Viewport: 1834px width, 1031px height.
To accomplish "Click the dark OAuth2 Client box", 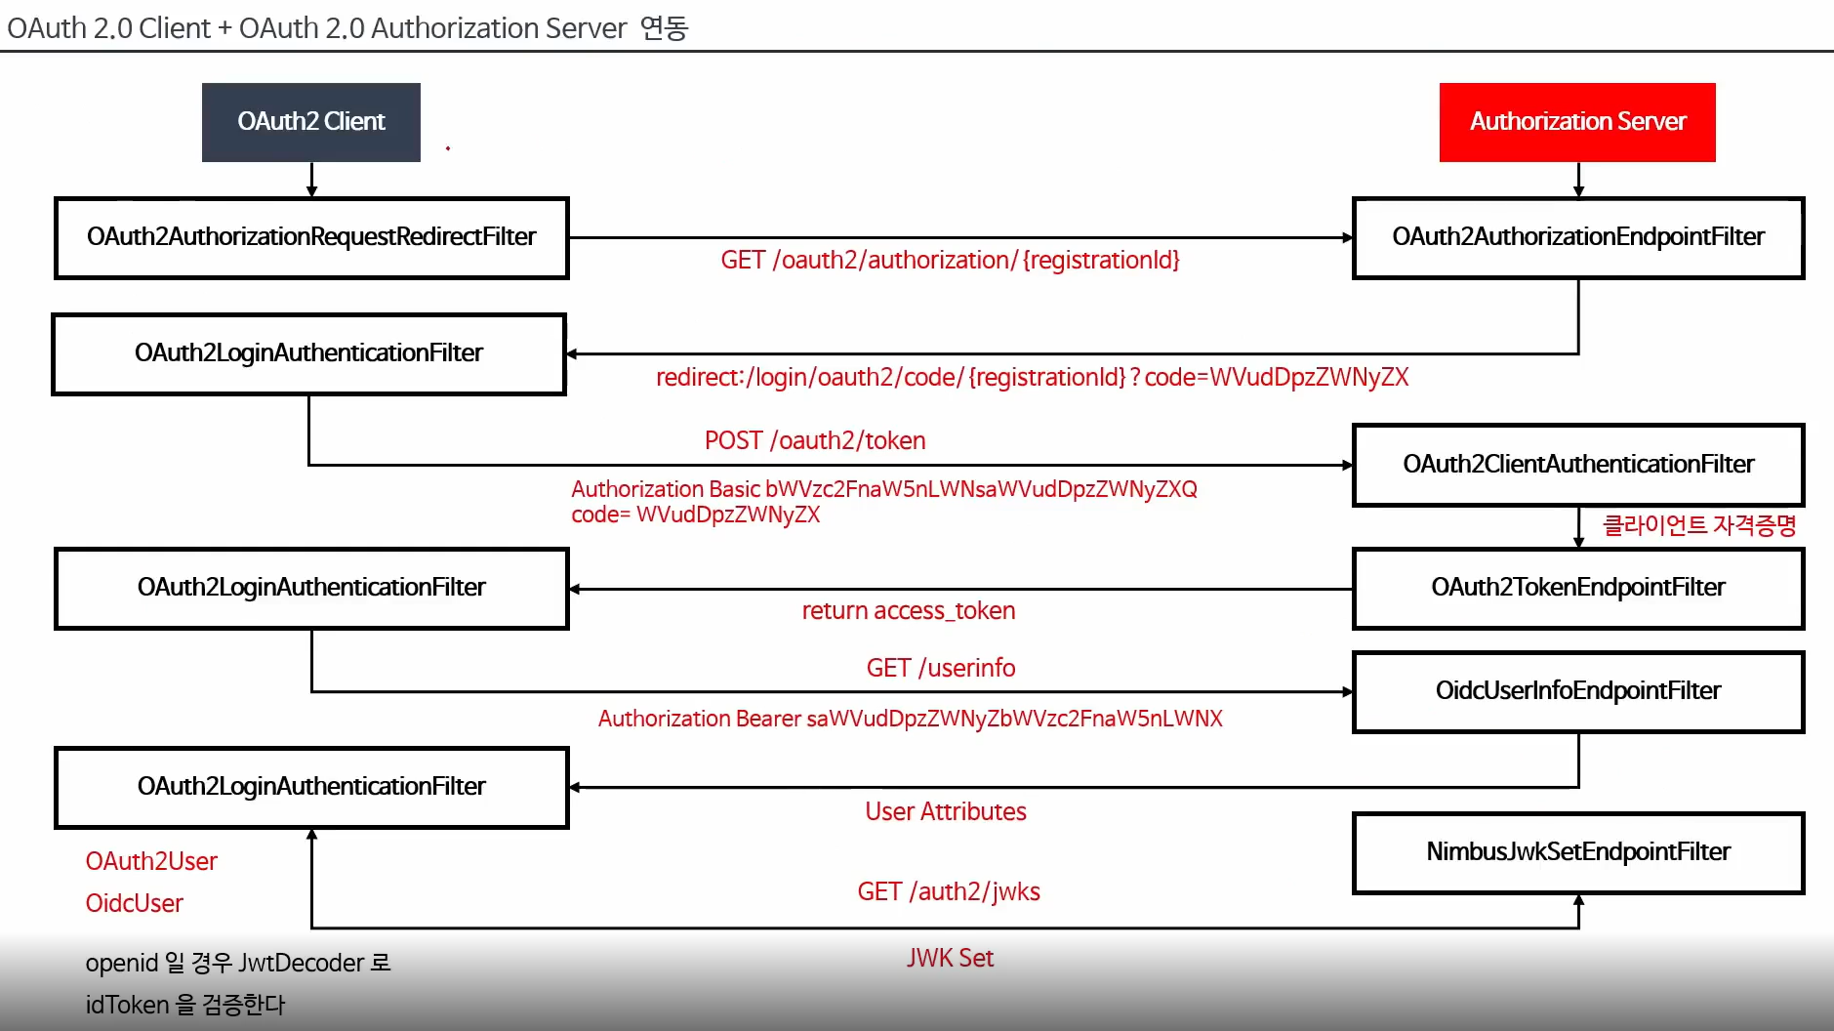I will coord(310,122).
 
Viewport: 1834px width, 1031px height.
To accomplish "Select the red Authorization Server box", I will coord(1576,122).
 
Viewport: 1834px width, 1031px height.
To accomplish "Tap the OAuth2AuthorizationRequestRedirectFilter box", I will coord(310,237).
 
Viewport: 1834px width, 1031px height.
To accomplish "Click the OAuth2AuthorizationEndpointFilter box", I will coord(1577,237).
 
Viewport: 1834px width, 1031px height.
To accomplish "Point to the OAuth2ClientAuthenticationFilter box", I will coord(1577,465).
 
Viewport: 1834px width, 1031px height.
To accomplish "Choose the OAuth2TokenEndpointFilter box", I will coord(1577,588).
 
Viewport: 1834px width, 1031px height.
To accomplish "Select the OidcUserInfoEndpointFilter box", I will coord(1577,691).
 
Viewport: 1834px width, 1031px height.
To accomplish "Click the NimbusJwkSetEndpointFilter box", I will coord(1577,852).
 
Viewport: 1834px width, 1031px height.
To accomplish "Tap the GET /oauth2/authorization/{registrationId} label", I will coord(950,261).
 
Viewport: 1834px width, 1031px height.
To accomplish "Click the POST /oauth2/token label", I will coord(815,441).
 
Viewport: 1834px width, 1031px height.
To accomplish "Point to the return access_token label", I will coord(908,611).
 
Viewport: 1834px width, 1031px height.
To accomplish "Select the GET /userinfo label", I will coord(940,669).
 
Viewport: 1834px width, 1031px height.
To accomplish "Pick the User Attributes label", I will coord(945,812).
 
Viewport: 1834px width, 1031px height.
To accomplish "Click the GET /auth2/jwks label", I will coord(948,892).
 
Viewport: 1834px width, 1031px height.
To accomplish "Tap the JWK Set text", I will coord(950,959).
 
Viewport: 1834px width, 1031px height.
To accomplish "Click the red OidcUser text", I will coord(134,904).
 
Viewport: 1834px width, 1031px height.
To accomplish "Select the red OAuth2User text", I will coord(151,862).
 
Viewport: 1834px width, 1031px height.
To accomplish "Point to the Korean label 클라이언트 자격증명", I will coord(1698,526).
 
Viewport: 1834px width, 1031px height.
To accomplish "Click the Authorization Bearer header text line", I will coord(910,720).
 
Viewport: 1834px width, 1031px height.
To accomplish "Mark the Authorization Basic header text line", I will coord(883,489).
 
